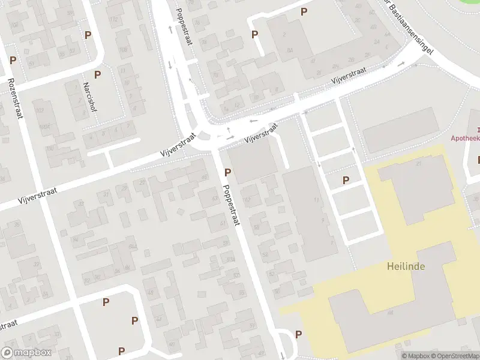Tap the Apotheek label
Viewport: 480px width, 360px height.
point(466,137)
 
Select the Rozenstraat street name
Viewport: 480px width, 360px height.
point(15,98)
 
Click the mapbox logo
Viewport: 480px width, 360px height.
point(26,353)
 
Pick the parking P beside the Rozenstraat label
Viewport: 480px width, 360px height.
point(13,61)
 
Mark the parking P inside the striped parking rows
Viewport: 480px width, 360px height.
point(346,180)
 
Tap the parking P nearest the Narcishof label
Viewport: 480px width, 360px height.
point(97,74)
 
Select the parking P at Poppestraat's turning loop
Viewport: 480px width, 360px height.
point(298,334)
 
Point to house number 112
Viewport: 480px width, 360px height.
point(113,19)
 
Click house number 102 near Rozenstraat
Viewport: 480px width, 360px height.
point(40,111)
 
